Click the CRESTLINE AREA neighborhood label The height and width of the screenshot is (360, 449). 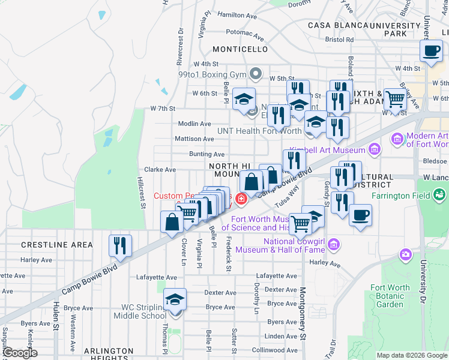point(57,245)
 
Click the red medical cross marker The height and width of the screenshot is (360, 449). point(241,199)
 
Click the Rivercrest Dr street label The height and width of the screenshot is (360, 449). point(179,46)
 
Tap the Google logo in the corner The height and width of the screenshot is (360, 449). point(20,353)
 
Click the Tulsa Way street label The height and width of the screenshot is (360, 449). point(287,197)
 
